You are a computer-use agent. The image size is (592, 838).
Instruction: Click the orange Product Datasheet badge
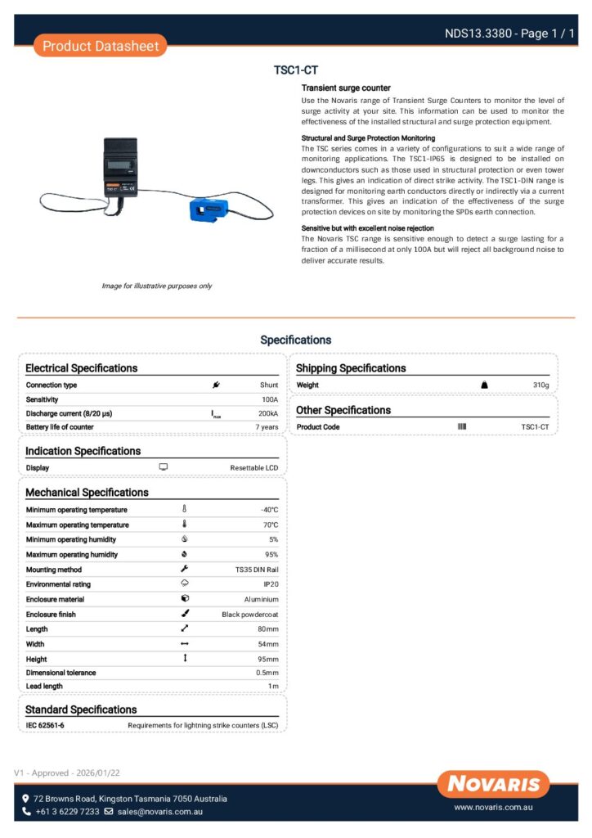[101, 46]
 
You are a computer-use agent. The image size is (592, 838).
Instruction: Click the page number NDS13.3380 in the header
[478, 34]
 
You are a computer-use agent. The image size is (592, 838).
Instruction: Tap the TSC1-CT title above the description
[295, 70]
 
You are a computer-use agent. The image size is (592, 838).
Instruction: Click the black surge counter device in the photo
[123, 173]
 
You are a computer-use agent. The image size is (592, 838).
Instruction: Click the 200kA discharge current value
[267, 414]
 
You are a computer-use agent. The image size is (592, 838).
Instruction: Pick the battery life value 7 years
[267, 428]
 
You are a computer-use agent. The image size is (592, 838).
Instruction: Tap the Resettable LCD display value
[253, 468]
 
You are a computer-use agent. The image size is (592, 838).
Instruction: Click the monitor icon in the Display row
[163, 467]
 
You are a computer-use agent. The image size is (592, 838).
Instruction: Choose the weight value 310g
[540, 385]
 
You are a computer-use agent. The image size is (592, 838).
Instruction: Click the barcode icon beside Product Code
[462, 427]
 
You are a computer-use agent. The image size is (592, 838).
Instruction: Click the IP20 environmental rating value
[271, 584]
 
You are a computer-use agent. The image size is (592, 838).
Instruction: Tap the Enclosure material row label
[55, 599]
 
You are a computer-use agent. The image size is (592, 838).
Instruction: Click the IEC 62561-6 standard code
[45, 726]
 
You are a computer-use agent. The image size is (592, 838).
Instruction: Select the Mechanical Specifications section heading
[87, 493]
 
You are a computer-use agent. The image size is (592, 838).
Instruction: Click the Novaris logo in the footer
[493, 784]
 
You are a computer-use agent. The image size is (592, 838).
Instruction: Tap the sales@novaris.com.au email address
[159, 812]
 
